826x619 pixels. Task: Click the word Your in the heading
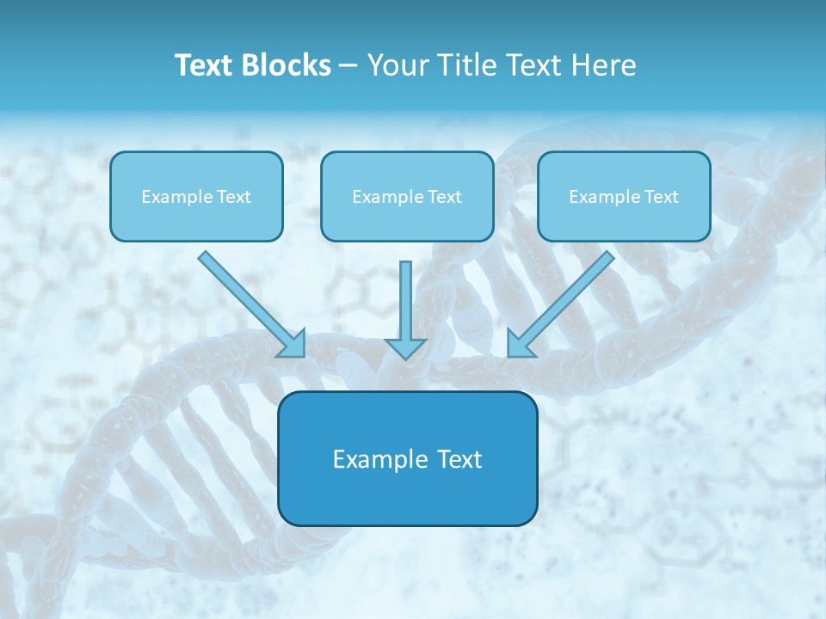399,65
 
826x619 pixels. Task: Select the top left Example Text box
196,196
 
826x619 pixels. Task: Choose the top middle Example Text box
407,196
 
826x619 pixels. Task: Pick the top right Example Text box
624,196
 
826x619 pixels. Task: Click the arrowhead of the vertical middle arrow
405,347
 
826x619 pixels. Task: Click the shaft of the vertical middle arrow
405,297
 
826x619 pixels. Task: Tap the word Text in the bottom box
459,459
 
